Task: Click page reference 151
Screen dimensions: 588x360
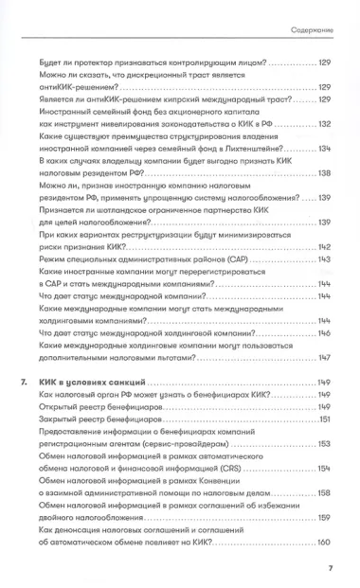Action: [322, 419]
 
